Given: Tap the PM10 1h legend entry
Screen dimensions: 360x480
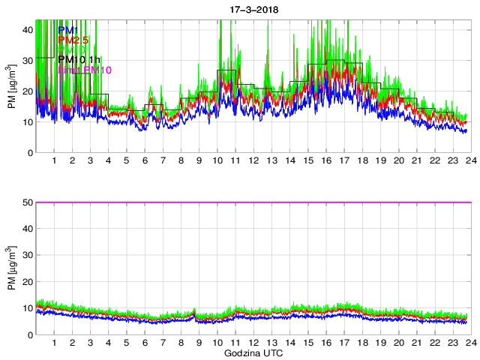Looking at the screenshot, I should tap(79, 59).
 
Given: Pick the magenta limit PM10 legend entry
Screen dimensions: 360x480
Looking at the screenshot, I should tap(85, 70).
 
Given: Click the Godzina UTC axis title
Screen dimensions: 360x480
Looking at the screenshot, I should tap(252, 352).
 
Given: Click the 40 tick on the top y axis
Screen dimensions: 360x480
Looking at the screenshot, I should tap(27, 28).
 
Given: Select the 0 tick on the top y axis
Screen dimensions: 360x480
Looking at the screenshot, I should tap(30, 153).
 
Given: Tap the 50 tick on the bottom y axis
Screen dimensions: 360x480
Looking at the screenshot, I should tap(27, 202).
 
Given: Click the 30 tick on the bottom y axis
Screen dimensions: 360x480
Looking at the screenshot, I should tap(27, 255).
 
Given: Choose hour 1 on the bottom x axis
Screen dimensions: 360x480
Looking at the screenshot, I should tap(55, 343).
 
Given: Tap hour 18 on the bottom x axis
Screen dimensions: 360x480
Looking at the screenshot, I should tap(362, 343).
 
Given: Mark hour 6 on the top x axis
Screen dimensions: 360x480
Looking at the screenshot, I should tap(145, 161).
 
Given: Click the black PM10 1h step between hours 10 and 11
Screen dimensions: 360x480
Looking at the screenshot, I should tap(226, 70).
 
